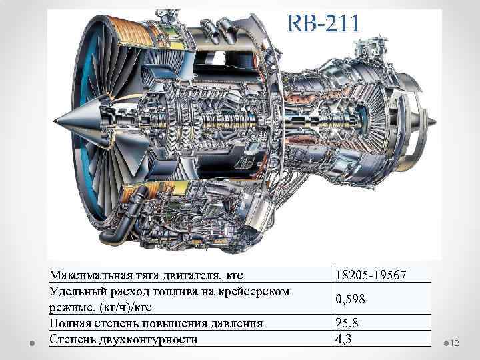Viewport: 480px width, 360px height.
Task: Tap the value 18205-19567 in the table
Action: coord(371,275)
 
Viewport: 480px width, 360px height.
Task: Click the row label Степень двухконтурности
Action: coord(123,339)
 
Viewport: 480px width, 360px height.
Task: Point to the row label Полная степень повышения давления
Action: coord(156,323)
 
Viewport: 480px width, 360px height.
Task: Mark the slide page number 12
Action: coord(457,343)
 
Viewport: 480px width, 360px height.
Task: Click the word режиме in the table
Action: coord(70,307)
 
